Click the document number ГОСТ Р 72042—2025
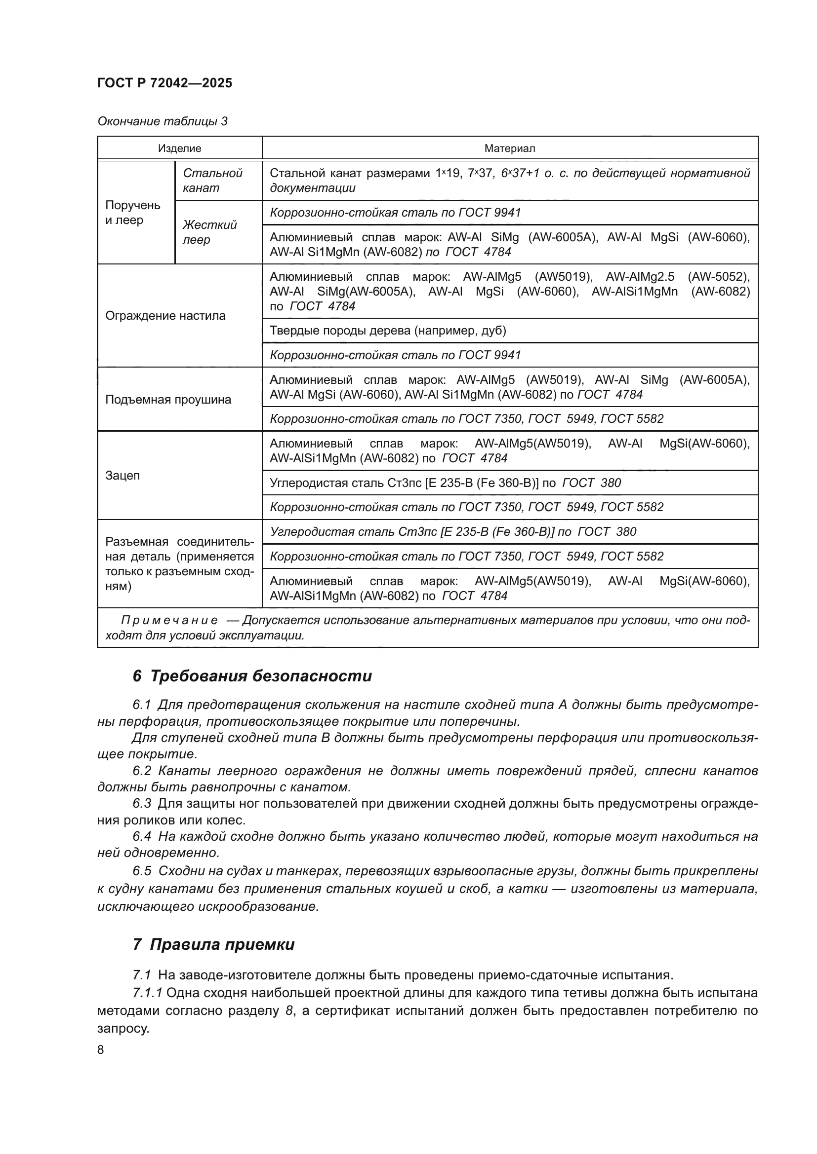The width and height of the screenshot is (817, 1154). [164, 83]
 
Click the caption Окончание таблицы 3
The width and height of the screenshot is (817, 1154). [162, 121]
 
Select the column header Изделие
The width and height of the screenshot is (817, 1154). [179, 149]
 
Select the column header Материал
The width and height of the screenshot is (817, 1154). [509, 149]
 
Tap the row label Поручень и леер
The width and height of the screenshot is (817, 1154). [132, 212]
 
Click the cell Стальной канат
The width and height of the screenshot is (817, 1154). [212, 181]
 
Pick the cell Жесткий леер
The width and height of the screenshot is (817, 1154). [209, 232]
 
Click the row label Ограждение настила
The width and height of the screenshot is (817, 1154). [165, 316]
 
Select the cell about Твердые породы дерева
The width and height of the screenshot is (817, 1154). [387, 330]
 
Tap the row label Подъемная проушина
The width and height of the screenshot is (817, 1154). [168, 400]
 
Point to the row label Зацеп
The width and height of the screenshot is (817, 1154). [122, 475]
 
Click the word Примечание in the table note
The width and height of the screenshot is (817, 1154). [169, 620]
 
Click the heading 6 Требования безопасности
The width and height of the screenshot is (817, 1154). [252, 676]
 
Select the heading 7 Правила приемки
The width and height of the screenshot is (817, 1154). [213, 944]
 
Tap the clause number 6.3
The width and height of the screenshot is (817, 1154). [142, 804]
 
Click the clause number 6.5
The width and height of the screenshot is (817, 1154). [142, 871]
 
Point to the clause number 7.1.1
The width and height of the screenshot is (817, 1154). [147, 993]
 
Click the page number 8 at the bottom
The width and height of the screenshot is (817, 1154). [101, 1049]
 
